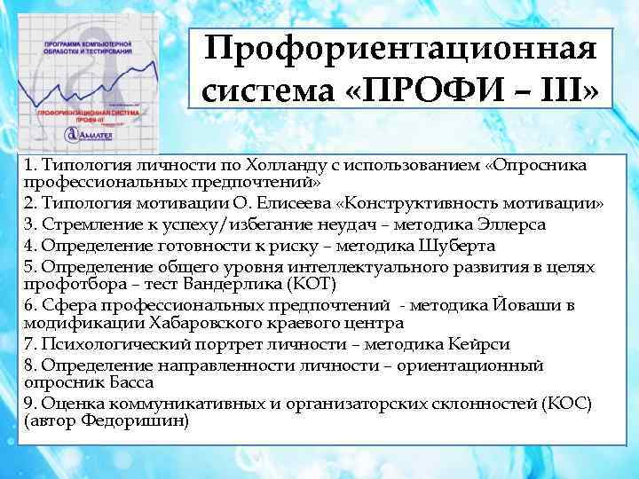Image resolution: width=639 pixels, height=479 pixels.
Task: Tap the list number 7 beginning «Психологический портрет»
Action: tap(29, 343)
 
